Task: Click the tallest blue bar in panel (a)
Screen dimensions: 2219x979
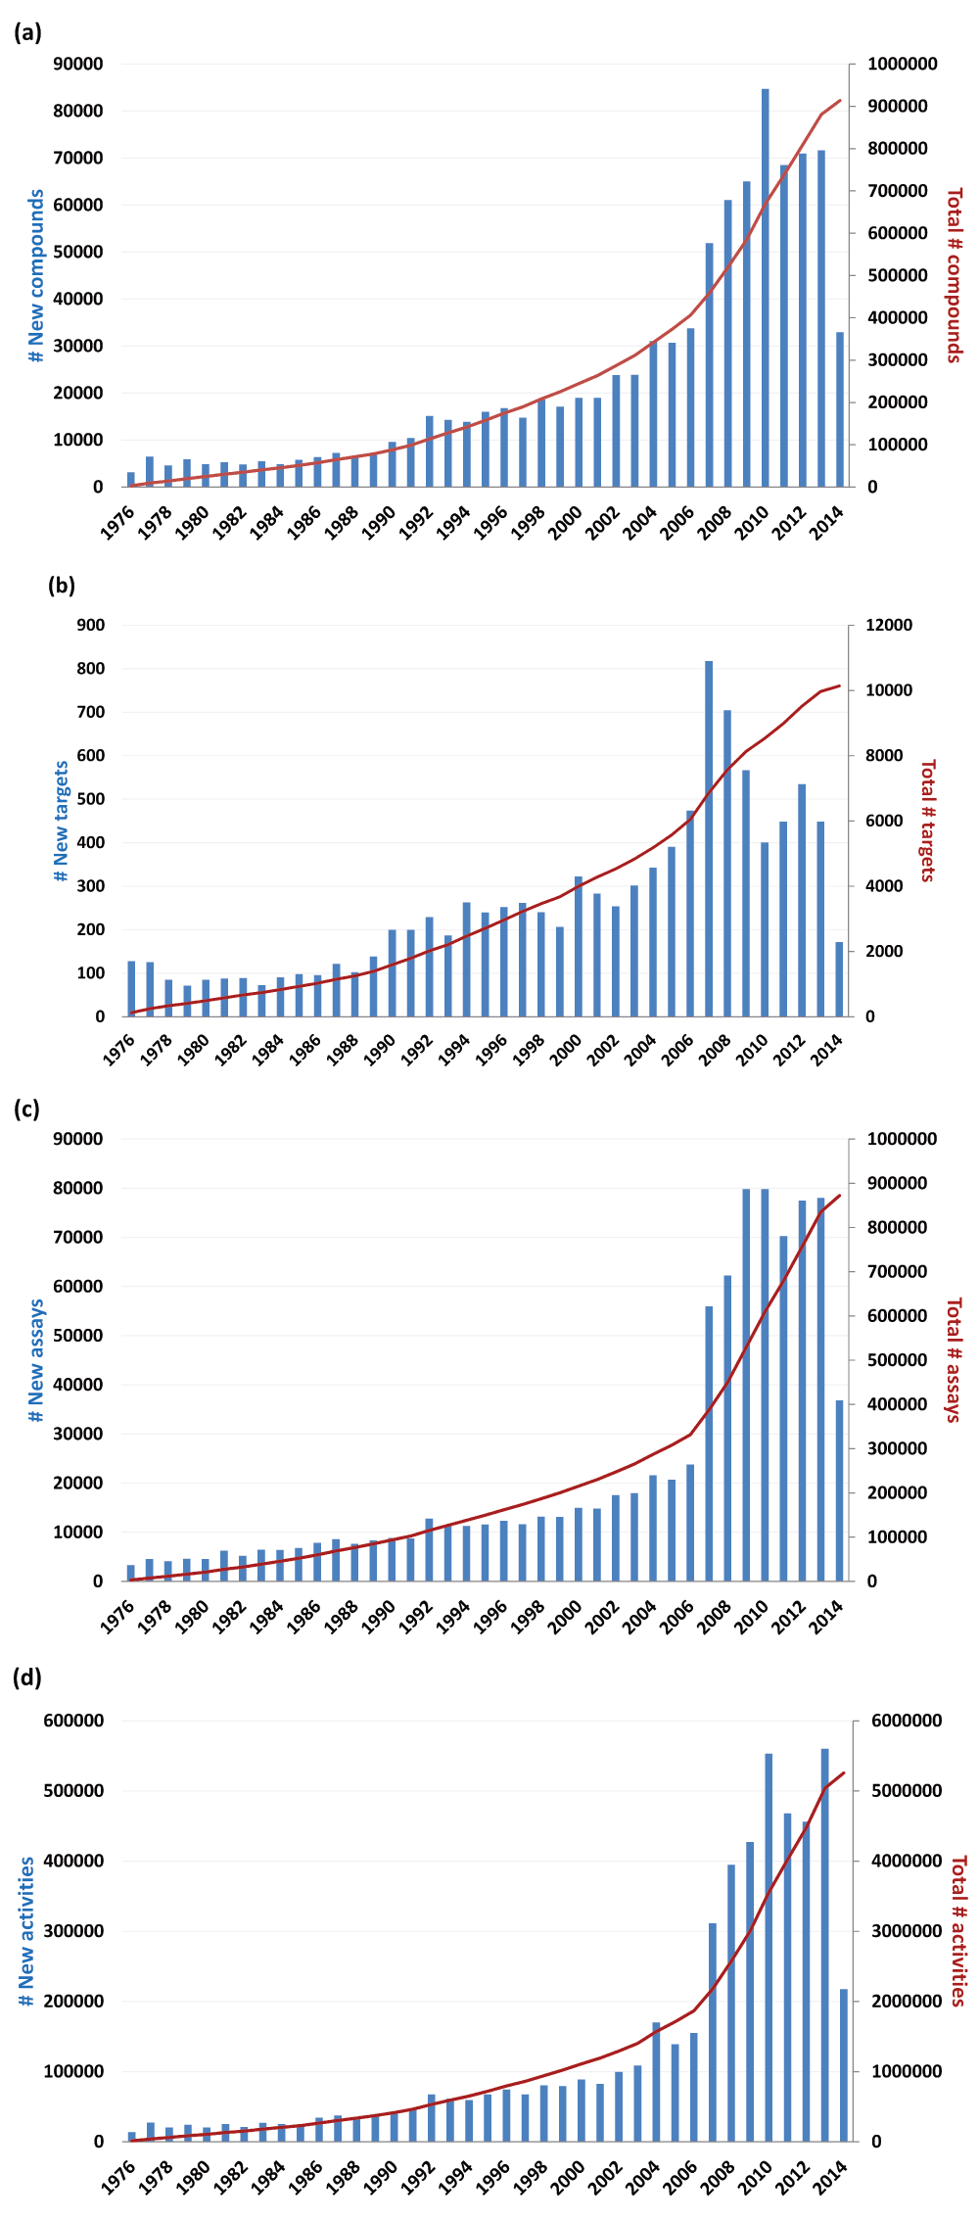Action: [765, 288]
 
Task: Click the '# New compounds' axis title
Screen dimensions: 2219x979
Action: [36, 275]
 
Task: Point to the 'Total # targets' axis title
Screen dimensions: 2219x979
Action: [928, 820]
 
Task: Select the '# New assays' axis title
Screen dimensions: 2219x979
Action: [36, 1360]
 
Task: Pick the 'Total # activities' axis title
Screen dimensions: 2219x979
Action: [958, 1930]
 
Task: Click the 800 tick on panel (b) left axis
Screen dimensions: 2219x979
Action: [91, 669]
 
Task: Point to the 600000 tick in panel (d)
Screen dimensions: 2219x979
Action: [73, 1721]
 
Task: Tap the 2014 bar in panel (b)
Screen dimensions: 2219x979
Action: [839, 979]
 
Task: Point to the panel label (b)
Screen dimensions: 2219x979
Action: [61, 586]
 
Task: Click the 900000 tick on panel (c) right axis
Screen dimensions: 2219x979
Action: [901, 1183]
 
